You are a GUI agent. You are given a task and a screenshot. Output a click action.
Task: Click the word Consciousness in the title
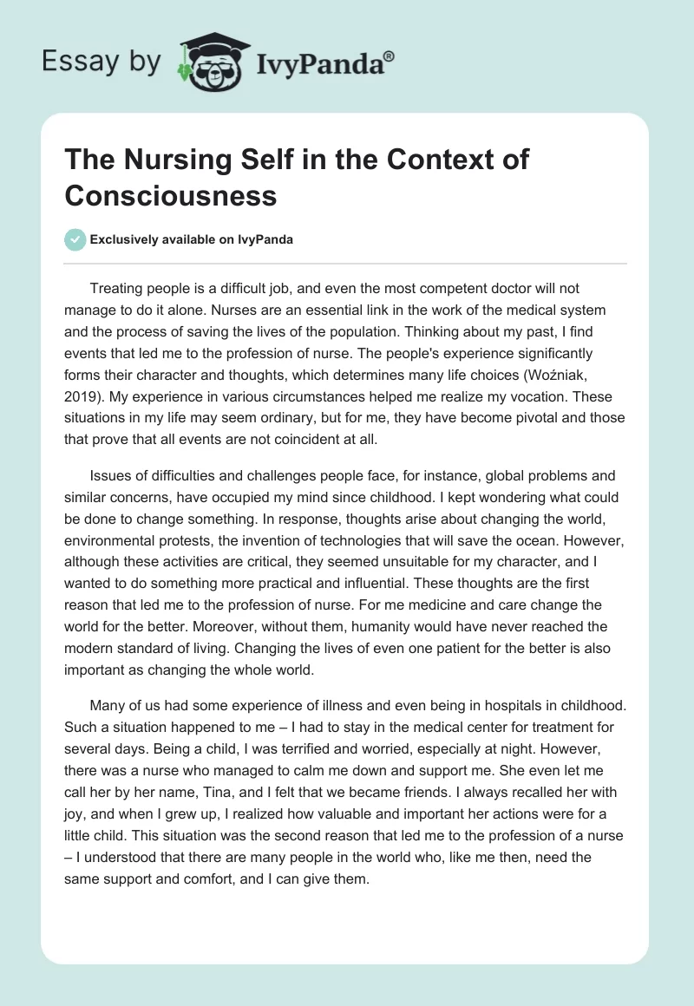(x=171, y=195)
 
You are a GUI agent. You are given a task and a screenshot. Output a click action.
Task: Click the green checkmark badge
(x=75, y=239)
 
